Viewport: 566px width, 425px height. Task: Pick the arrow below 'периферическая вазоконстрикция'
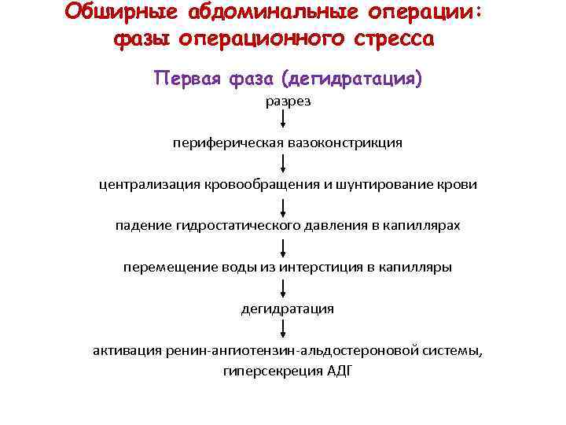[283, 164]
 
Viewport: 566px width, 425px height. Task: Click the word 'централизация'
[145, 184]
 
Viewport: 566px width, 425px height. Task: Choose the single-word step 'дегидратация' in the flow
[287, 309]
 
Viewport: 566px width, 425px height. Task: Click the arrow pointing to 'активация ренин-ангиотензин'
[283, 330]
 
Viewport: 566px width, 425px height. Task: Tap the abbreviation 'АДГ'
[335, 371]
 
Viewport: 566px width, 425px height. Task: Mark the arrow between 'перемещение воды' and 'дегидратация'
[283, 288]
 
